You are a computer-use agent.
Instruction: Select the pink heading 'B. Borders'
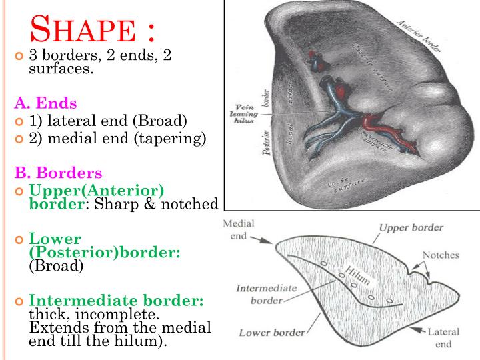(59, 173)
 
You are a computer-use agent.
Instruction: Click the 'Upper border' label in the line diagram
(411, 227)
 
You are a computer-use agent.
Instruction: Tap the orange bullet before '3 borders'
(19, 56)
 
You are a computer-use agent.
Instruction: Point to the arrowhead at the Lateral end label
(415, 329)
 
